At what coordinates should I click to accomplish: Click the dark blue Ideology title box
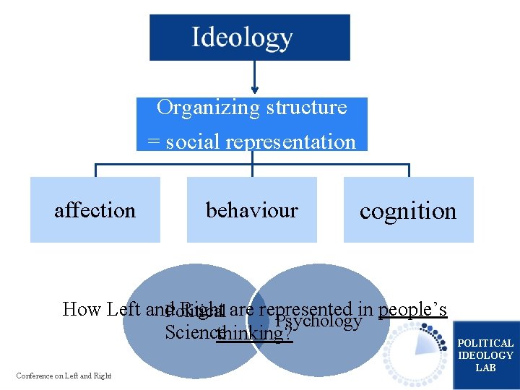[249, 38]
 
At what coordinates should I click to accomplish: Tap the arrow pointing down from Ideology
[253, 79]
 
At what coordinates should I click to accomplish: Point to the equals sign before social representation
[153, 142]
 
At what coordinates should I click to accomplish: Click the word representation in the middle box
[299, 142]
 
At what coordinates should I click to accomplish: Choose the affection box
[95, 210]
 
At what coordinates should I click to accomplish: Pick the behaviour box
[251, 210]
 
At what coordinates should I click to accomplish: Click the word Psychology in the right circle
[318, 321]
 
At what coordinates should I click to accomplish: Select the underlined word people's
[412, 310]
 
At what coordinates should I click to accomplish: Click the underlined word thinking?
[254, 333]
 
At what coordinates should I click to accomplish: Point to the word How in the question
[82, 310]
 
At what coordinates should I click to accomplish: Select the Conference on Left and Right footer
[64, 375]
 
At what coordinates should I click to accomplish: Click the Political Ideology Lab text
[485, 355]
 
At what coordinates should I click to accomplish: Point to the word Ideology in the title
[242, 38]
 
